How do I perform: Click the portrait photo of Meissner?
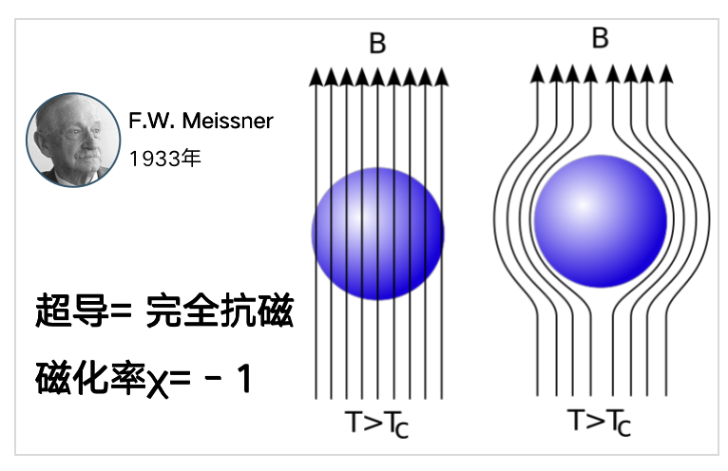pyautogui.click(x=73, y=140)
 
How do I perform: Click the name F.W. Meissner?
pyautogui.click(x=201, y=122)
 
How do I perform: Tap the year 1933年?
pyautogui.click(x=164, y=159)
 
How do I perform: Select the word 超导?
pyautogui.click(x=71, y=311)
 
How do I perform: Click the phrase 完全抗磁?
pyautogui.click(x=220, y=311)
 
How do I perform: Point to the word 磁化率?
pyautogui.click(x=90, y=378)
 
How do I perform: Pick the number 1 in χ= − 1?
pyautogui.click(x=244, y=379)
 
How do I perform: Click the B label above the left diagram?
pyautogui.click(x=377, y=43)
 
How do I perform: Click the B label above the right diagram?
pyautogui.click(x=600, y=38)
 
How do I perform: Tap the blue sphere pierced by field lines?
pyautogui.click(x=378, y=234)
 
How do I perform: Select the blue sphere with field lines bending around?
pyautogui.click(x=601, y=221)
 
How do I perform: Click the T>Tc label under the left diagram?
pyautogui.click(x=377, y=424)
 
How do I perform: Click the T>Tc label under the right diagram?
pyautogui.click(x=600, y=422)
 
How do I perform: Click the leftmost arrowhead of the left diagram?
pyautogui.click(x=316, y=77)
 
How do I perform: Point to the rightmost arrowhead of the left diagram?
pyautogui.click(x=442, y=77)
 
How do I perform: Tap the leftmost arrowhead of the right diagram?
pyautogui.click(x=537, y=74)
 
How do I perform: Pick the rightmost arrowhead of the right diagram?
pyautogui.click(x=666, y=74)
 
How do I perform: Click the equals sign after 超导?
pyautogui.click(x=122, y=311)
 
